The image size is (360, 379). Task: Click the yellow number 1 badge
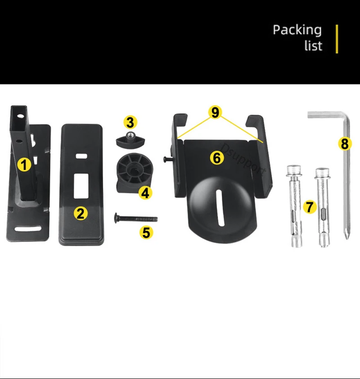click(24, 165)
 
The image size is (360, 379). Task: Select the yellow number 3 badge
click(130, 122)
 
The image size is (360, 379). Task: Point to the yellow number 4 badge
click(144, 193)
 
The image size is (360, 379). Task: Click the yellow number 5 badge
click(146, 232)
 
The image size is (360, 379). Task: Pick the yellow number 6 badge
click(216, 157)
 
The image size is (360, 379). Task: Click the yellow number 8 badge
click(344, 144)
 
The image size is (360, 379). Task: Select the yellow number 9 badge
click(215, 112)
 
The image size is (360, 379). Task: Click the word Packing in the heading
click(297, 30)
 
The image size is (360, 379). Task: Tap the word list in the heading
click(313, 45)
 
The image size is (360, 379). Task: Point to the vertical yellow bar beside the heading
click(337, 39)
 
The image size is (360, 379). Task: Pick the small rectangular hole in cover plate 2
click(81, 156)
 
